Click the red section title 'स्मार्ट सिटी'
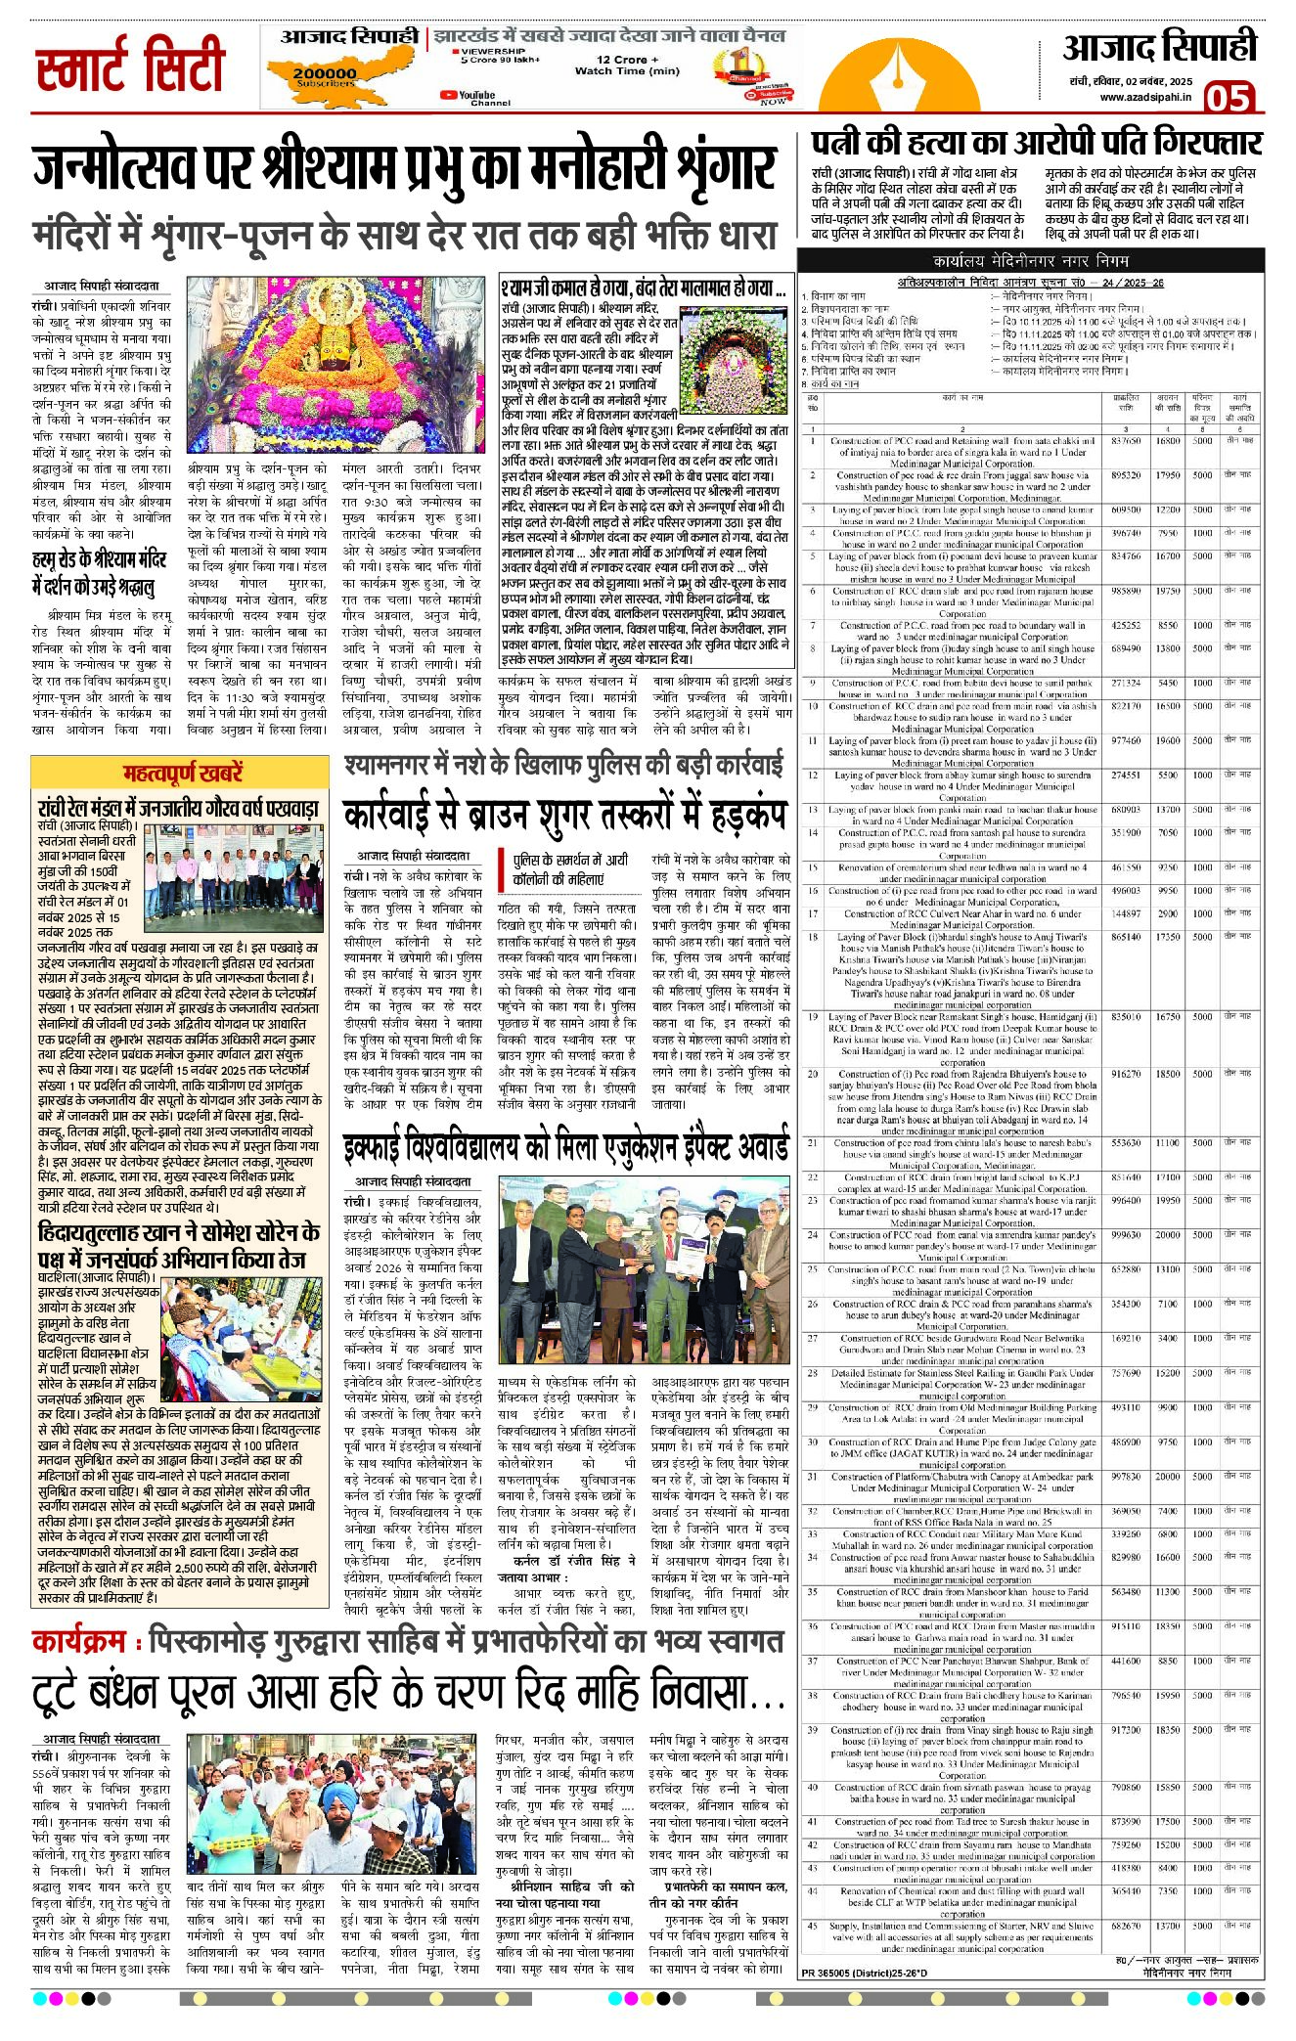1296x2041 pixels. tap(131, 67)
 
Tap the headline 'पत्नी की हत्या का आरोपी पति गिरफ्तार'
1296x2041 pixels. tap(1036, 143)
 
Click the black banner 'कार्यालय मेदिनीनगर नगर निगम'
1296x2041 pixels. tap(1031, 261)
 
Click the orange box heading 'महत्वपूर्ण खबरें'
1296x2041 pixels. tap(183, 774)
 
